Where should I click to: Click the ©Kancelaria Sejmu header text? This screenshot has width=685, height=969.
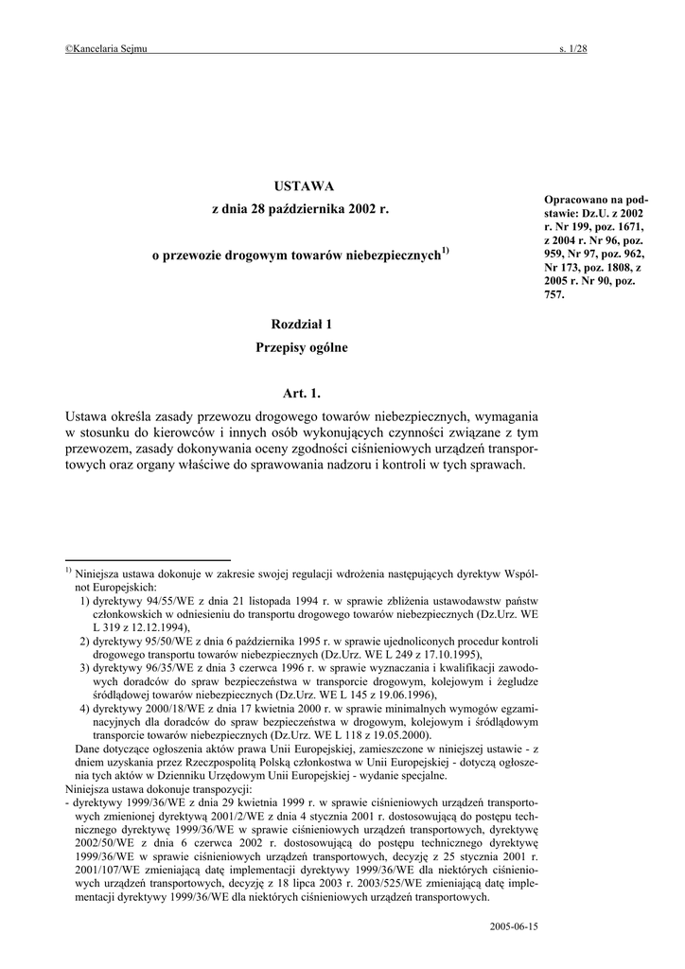(106, 50)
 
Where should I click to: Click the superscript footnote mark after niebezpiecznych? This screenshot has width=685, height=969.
(445, 250)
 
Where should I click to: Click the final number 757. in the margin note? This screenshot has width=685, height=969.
(554, 294)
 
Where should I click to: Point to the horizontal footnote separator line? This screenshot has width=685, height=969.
(148, 560)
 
